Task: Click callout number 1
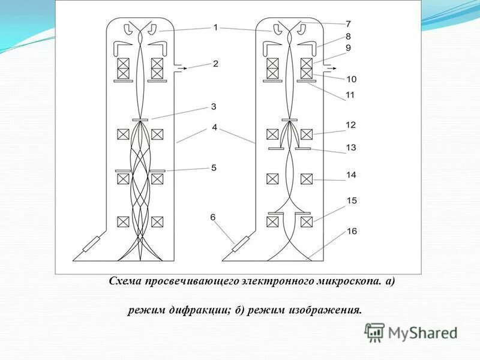[215, 27]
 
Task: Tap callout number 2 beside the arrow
[215, 64]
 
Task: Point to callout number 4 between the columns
[215, 127]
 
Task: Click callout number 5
[214, 168]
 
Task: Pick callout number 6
[212, 216]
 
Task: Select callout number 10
[350, 79]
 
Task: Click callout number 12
[350, 125]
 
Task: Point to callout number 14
[350, 175]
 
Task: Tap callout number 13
[350, 147]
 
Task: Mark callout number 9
[348, 48]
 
